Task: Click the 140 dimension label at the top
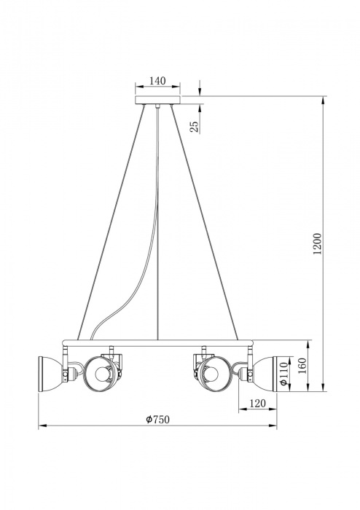157,81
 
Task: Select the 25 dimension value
194,125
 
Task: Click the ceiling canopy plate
157,100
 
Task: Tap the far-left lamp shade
50,370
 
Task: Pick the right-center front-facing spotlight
213,372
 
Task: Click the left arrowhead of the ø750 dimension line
41,426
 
